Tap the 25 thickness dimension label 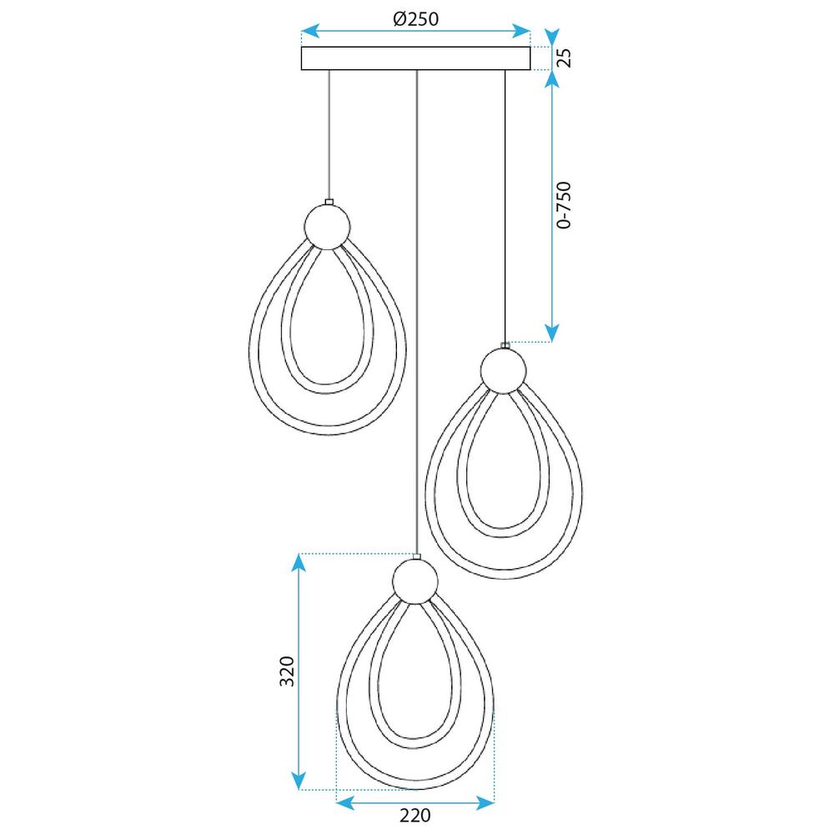coord(564,58)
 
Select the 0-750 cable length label coord(565,204)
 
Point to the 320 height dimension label coord(286,671)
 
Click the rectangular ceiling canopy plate coord(414,58)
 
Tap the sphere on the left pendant coord(327,226)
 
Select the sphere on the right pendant coord(503,369)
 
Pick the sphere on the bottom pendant coord(414,580)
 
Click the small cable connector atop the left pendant coord(329,201)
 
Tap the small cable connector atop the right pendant coord(504,345)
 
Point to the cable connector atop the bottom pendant coord(415,555)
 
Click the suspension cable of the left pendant coord(329,133)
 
